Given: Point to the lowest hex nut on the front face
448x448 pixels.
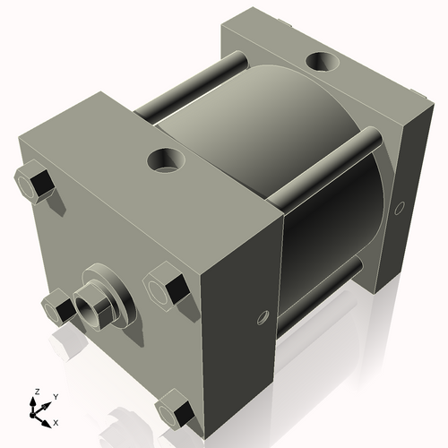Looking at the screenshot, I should click(x=175, y=412).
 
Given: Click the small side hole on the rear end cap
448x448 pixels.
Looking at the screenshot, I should click(x=399, y=208).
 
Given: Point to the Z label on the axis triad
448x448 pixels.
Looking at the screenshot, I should click(x=36, y=392).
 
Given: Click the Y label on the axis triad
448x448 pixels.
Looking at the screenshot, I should click(x=55, y=395).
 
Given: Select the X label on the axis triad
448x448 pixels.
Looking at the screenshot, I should click(x=56, y=421).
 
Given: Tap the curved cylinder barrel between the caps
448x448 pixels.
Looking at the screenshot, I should click(x=260, y=134).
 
